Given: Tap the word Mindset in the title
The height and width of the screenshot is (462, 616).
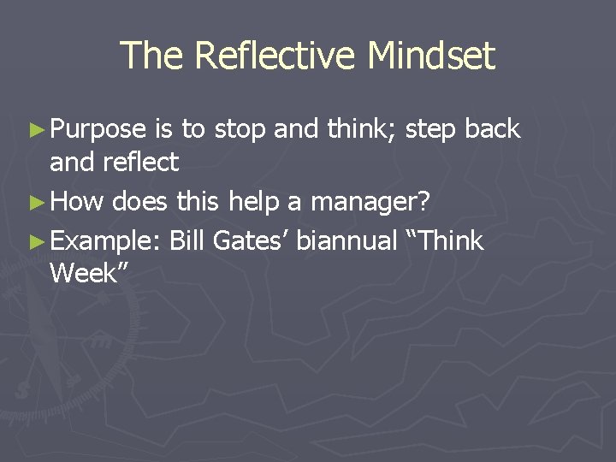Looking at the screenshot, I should coord(431,56).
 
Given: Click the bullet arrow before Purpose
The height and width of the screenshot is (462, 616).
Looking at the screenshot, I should coord(35,130).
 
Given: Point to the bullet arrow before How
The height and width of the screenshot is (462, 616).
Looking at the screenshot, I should coord(35,204).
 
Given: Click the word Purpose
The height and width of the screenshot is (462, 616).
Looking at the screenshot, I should coord(98,130).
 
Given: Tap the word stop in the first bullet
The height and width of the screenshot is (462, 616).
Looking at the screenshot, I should coord(241,130).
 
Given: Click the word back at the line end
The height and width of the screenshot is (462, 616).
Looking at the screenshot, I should coord(492,130).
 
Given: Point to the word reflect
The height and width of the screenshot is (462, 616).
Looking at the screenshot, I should coord(139,161).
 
